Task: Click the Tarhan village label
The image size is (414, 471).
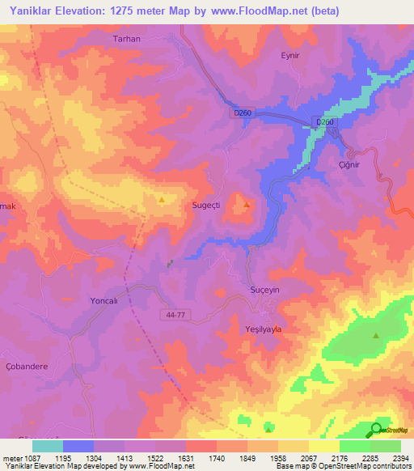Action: [126, 39]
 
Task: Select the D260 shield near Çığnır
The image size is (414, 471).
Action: [324, 122]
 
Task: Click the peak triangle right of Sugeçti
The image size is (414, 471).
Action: [247, 204]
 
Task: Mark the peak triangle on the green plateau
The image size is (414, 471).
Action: [375, 335]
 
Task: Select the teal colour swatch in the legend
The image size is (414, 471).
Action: [48, 446]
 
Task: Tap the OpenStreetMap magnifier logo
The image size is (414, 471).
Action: [376, 431]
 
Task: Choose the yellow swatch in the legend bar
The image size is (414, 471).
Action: [323, 446]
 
